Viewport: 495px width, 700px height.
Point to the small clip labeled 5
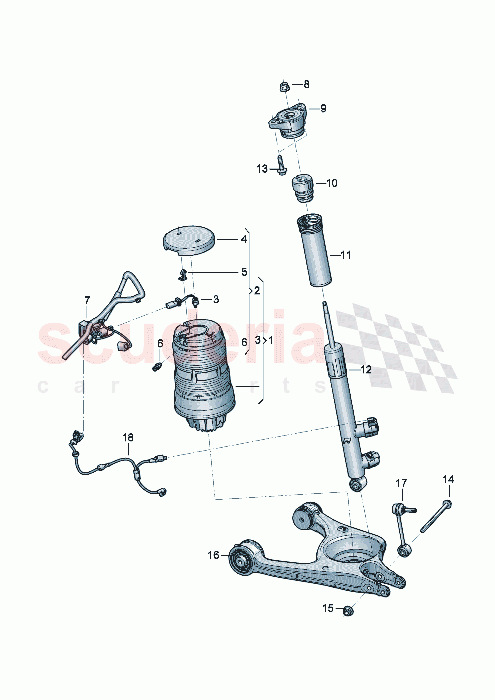(x=183, y=274)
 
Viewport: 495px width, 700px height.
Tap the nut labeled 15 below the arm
(x=348, y=610)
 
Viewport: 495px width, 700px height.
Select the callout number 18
(x=128, y=438)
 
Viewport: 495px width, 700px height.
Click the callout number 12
(x=365, y=370)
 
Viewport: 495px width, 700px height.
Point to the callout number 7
(x=87, y=300)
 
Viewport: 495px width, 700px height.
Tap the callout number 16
(x=213, y=555)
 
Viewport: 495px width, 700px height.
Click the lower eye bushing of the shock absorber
(x=357, y=484)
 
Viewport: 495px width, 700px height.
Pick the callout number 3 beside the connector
(x=216, y=299)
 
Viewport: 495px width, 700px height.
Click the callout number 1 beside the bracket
(x=270, y=341)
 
